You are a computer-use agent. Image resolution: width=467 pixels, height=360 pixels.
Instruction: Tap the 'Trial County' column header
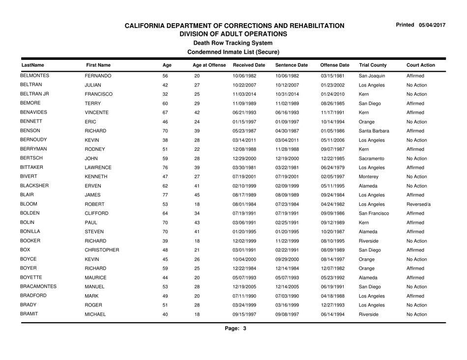click(x=373, y=64)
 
